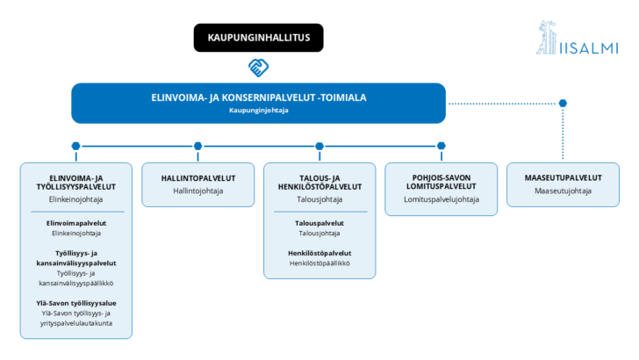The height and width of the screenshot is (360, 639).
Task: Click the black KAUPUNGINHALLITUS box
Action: click(258, 38)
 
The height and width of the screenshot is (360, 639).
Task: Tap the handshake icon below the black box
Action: click(258, 68)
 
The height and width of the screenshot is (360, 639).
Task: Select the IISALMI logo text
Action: click(589, 48)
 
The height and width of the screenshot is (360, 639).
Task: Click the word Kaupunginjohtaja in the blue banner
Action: click(258, 110)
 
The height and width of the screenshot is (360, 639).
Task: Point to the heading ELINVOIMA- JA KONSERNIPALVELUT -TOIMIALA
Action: click(258, 97)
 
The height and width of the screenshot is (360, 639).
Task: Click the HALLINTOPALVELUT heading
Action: click(198, 178)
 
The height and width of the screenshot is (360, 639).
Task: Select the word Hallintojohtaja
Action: click(198, 191)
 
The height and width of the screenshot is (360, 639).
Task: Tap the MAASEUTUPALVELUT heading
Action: click(563, 177)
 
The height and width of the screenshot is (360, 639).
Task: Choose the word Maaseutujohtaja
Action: click(563, 191)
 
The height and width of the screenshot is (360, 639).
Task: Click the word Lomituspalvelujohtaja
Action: click(442, 199)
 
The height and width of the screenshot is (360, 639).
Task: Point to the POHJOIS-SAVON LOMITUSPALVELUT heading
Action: click(442, 182)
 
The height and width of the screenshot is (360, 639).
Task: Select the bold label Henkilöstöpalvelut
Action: click(319, 253)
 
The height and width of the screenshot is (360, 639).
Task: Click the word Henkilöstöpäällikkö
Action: click(319, 263)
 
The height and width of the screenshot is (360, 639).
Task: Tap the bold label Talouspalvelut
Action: click(319, 223)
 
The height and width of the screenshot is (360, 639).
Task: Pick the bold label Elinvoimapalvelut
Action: click(76, 223)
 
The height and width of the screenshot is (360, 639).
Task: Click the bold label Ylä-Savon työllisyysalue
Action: click(76, 303)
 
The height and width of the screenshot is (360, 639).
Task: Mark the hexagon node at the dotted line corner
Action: click(563, 103)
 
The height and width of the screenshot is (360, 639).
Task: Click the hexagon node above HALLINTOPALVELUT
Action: click(198, 146)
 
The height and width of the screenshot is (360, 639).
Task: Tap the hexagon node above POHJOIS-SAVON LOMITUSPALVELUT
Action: click(442, 146)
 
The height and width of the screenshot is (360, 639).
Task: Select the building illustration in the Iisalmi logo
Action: click(547, 38)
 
